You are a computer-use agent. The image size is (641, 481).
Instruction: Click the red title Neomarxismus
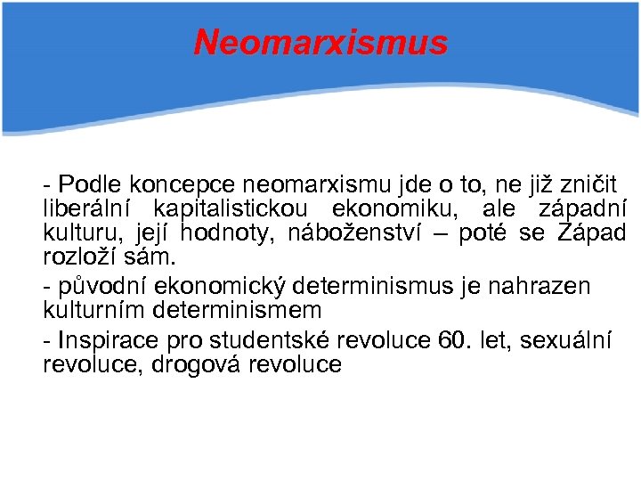coord(320,42)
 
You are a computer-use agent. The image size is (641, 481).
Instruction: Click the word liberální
coord(84,209)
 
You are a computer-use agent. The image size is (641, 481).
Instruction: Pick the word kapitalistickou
coord(231,209)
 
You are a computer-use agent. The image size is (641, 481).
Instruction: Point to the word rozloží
coord(80,259)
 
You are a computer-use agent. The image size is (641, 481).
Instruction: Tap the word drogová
coord(195,364)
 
